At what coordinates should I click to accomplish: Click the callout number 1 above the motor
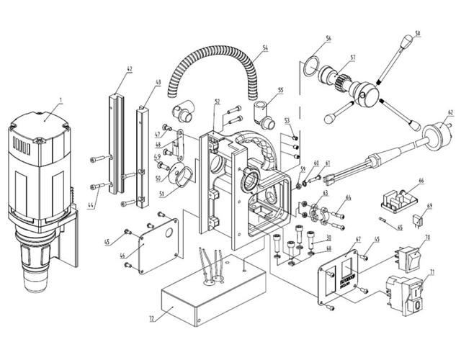click(62, 100)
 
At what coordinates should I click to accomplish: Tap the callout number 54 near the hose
click(264, 48)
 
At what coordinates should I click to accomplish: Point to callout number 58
click(417, 33)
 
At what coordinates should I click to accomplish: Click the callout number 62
click(449, 112)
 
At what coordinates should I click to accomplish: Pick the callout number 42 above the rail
click(129, 70)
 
